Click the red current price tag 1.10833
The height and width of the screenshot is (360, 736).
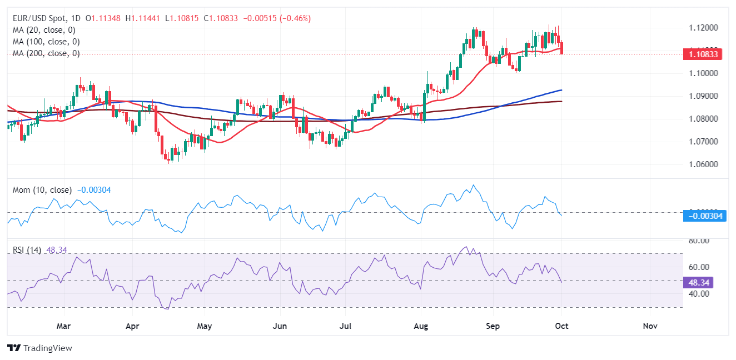point(703,54)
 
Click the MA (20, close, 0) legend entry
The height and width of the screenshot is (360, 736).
point(44,30)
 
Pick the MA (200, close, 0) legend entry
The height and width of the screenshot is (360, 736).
point(46,53)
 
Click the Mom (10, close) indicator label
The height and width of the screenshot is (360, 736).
point(42,190)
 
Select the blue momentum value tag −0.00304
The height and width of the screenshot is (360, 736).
point(704,216)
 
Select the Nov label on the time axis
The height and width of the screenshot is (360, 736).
point(650,326)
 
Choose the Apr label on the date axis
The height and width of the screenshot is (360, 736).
point(132,326)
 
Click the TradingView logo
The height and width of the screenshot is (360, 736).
point(40,348)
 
